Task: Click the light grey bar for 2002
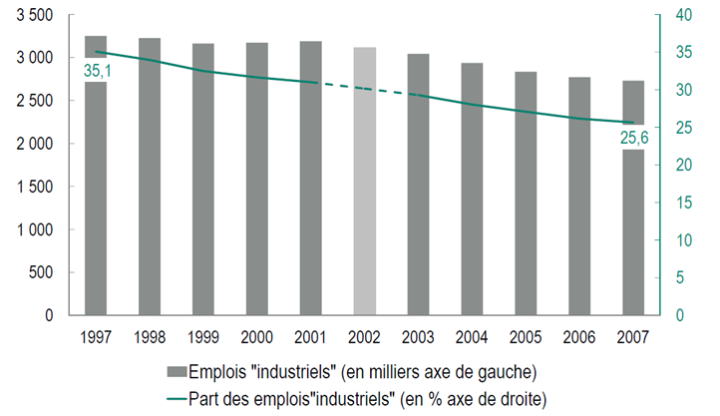(x=365, y=181)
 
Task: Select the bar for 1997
(x=96, y=200)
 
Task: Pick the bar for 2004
(x=473, y=189)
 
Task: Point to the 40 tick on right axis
(x=684, y=15)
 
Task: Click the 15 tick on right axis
(x=683, y=203)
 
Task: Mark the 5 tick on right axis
(x=680, y=278)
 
